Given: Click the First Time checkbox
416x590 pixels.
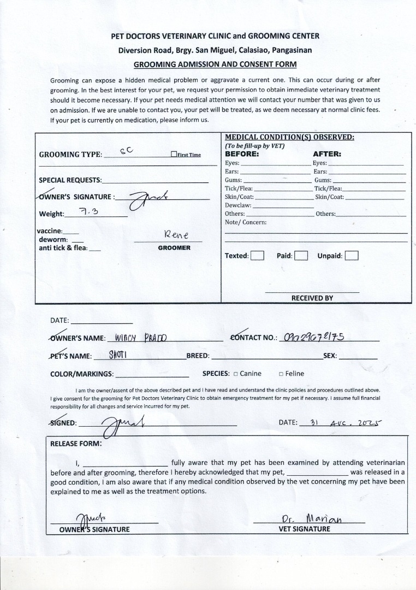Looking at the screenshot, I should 174,155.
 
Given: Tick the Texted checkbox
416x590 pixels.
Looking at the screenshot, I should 258,256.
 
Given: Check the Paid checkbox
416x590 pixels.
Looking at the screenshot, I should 301,256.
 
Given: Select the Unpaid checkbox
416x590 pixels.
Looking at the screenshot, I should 352,256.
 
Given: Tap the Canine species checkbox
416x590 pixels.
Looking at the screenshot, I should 236,374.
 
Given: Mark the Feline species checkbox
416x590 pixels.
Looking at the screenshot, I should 281,374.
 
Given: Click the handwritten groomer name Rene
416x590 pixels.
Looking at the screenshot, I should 176,235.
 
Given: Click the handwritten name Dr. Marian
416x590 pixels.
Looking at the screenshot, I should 312,518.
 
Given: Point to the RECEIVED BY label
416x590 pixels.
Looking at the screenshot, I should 312,298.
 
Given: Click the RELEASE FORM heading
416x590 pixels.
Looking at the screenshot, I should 76,444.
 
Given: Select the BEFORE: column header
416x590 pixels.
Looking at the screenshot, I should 242,154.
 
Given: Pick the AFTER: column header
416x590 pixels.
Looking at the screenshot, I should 326,154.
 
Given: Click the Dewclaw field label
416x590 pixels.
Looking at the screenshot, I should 238,205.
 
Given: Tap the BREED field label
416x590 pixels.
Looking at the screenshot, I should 198,356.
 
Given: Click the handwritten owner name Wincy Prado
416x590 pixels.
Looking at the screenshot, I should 141,338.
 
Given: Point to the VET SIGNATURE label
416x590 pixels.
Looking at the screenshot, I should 304,529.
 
